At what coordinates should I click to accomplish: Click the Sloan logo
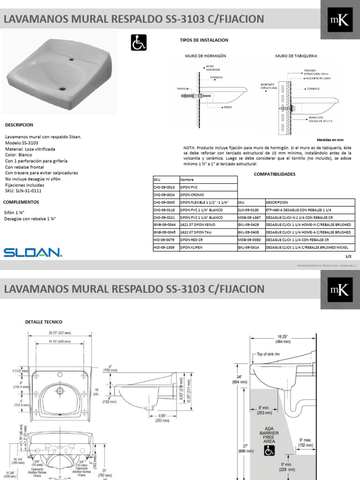coord(32,253)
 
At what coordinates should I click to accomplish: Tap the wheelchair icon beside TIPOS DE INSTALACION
coord(138,44)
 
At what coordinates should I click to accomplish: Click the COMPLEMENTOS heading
coord(21,202)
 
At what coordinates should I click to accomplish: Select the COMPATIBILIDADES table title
coord(275,173)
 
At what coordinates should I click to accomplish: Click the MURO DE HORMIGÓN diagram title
coord(206,56)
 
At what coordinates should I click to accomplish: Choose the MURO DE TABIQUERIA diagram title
coord(296,56)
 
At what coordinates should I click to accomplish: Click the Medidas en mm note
coord(330,140)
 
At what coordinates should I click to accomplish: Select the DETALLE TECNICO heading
coord(44,322)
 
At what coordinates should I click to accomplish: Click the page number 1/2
coord(348,256)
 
